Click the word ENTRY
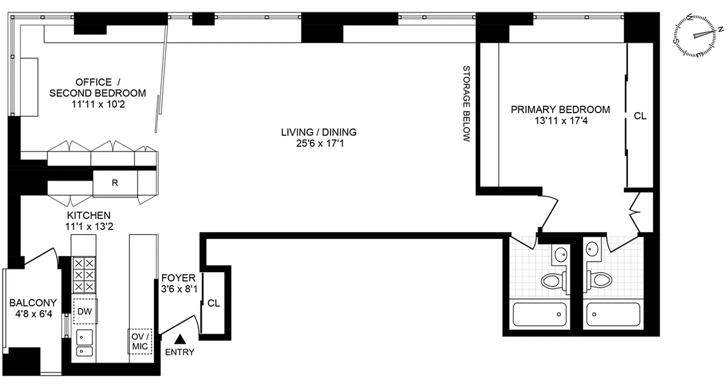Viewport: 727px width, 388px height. tap(180, 352)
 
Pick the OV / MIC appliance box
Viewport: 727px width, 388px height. tap(140, 341)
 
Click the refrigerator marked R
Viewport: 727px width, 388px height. tap(115, 183)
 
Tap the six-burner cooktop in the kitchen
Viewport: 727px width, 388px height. tap(84, 274)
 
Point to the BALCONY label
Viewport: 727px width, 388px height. tap(33, 303)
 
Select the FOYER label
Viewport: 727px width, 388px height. tap(178, 278)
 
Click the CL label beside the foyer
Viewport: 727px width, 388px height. tap(213, 303)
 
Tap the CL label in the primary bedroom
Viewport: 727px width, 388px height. tap(640, 116)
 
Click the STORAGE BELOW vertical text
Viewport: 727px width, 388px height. tap(466, 104)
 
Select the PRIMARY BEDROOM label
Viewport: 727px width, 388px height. tap(560, 110)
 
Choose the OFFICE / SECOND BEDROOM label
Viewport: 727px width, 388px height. tap(97, 87)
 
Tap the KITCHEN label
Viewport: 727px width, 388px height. tap(89, 215)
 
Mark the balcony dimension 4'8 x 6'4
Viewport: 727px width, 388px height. tap(33, 314)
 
